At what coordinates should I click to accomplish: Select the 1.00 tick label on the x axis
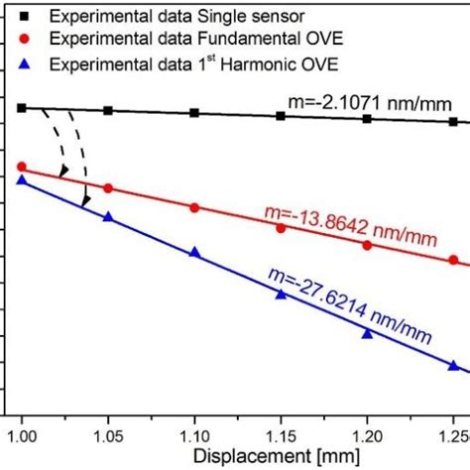point(22,433)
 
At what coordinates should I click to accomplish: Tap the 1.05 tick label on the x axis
point(108,433)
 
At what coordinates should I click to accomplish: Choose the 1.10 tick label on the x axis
point(194,433)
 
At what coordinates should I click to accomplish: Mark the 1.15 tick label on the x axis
point(281,433)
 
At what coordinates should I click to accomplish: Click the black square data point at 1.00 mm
point(22,107)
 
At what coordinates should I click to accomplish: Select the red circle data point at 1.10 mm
point(194,207)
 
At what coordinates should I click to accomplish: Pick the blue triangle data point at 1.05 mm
point(108,216)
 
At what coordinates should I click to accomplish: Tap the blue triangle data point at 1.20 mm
point(367,333)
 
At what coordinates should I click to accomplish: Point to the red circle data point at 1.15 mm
point(281,228)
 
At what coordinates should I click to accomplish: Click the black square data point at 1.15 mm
point(281,116)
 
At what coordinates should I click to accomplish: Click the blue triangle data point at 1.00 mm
point(22,179)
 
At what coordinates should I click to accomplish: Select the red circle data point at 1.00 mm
point(22,167)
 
